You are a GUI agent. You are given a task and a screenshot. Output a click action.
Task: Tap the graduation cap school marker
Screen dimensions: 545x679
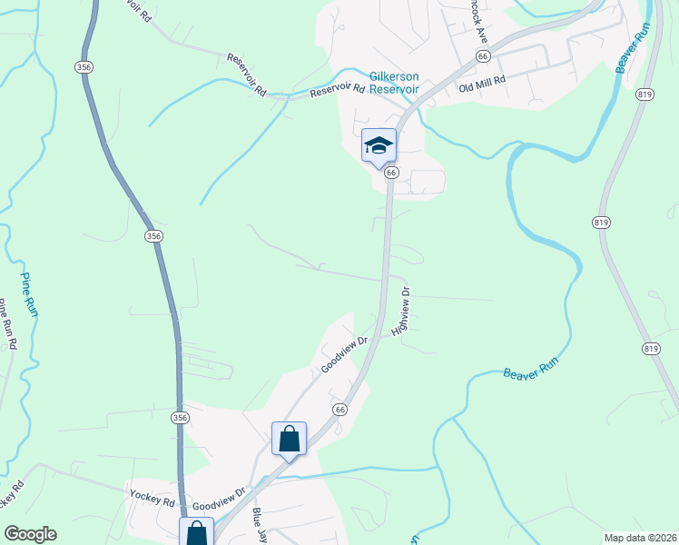point(379,145)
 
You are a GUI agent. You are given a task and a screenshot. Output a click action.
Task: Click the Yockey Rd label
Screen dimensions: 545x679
point(153,500)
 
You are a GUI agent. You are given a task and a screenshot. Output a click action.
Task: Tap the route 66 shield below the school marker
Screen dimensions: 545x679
point(391,172)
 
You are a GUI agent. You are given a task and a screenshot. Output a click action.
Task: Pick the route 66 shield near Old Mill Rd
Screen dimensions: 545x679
point(482,56)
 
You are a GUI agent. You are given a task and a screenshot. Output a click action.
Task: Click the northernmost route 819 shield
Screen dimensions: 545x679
point(646,94)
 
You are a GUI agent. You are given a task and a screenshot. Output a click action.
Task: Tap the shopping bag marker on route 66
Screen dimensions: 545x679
point(290,440)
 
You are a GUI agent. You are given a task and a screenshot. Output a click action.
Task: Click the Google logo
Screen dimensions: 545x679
point(30,534)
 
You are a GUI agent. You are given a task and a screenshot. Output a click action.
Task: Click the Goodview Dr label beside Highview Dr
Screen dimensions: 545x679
point(342,355)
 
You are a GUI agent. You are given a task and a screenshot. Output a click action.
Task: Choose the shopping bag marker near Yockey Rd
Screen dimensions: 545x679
point(197,532)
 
